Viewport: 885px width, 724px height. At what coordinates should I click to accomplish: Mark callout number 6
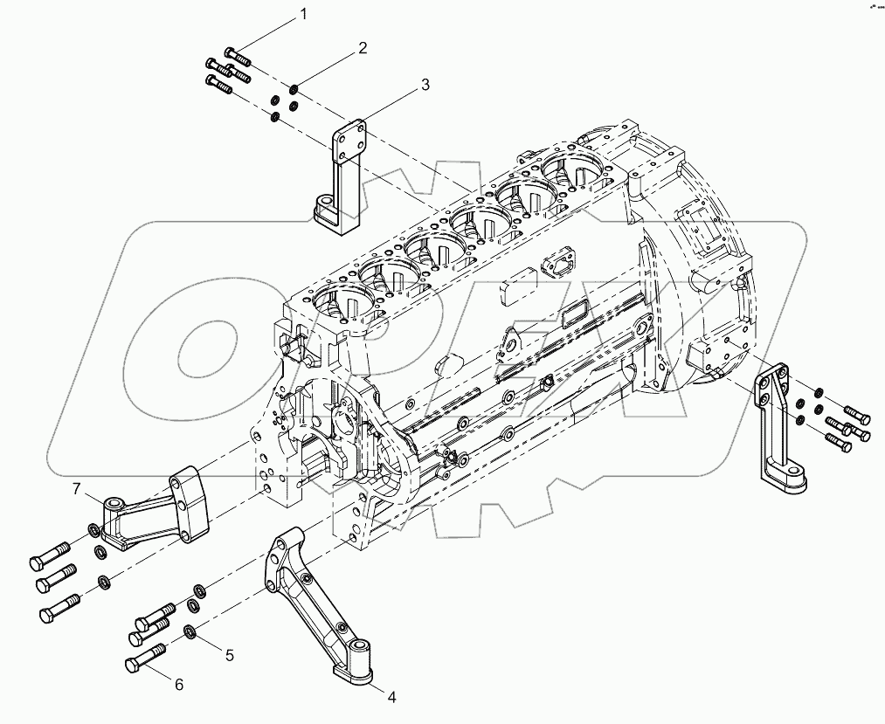[179, 685]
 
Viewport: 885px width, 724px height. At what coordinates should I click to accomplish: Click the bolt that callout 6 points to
[145, 660]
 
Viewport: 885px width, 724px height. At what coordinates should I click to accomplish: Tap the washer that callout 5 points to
[190, 632]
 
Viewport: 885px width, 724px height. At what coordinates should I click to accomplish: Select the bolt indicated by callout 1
[237, 56]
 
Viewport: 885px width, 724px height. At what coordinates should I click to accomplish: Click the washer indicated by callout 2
[294, 89]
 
